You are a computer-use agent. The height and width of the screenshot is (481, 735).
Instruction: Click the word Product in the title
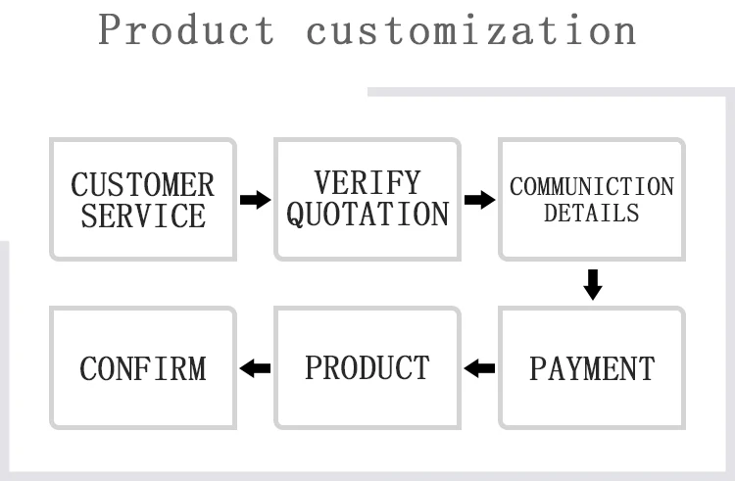186,29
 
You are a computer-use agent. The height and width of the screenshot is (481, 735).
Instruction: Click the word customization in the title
471,30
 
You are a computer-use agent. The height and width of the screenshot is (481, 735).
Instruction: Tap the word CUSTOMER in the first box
142,184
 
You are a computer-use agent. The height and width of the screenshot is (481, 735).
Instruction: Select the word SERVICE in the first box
143,216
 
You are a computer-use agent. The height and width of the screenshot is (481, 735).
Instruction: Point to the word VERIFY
367,182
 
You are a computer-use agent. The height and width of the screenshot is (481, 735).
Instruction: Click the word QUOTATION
367,214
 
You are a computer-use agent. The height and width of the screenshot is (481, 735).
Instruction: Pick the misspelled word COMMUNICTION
592,186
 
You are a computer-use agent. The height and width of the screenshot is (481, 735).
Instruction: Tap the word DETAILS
592,214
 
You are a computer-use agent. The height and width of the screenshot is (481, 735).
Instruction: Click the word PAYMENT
592,368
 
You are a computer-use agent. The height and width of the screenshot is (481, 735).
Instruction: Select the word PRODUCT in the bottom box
367,367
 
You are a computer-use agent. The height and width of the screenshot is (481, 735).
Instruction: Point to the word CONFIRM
143,368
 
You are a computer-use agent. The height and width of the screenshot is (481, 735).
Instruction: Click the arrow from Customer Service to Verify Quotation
255,200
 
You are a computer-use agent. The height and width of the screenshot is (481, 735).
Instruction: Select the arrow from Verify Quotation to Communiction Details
479,200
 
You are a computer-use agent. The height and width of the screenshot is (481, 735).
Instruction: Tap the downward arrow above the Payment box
593,285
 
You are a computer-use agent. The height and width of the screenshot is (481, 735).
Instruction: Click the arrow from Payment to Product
479,368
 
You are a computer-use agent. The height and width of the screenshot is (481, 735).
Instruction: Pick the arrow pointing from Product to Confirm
255,368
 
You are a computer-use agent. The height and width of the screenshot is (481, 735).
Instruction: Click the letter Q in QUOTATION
296,215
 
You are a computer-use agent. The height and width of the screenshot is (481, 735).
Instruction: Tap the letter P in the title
109,29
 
